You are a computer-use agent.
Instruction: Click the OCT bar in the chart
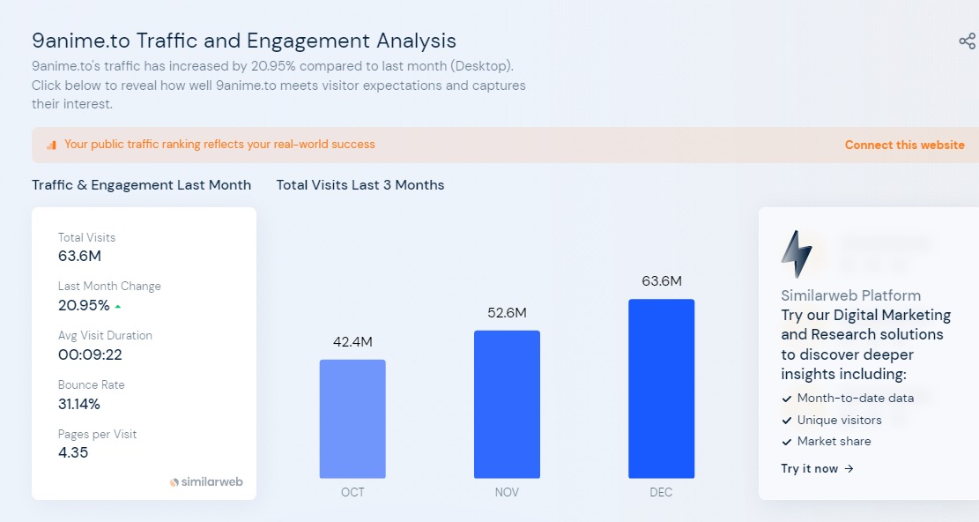352,419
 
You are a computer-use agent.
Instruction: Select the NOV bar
507,404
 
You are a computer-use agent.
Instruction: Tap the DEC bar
661,388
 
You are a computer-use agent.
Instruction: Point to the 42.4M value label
352,342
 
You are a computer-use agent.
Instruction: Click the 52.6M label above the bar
507,313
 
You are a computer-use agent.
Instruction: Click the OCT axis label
352,492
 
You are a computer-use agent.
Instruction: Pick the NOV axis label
507,492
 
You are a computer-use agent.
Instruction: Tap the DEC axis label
661,492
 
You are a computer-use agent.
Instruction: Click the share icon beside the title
967,41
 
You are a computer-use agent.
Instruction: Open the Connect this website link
904,145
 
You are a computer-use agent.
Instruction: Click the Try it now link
817,468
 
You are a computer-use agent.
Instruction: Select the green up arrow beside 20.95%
118,307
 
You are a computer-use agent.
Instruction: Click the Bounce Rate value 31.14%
79,404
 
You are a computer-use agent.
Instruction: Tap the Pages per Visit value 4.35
73,452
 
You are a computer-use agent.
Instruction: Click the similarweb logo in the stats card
206,482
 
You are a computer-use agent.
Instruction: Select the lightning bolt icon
797,254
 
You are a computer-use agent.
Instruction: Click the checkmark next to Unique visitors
787,420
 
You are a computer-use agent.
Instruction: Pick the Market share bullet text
834,441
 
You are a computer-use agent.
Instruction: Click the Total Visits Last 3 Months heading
360,185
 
